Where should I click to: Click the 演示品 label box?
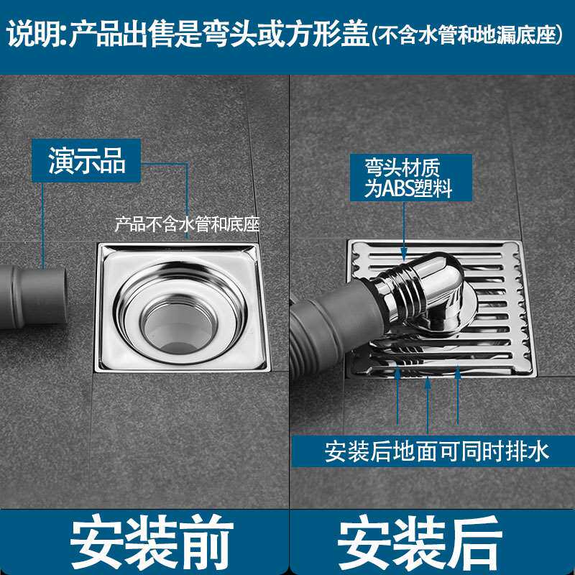point(86,160)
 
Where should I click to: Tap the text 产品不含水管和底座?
point(187,224)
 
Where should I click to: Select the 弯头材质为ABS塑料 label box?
point(410,178)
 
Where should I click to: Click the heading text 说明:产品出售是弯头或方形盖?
point(188,34)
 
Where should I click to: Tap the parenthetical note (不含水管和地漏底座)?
point(467,35)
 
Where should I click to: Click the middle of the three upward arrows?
point(428,404)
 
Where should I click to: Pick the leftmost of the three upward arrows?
point(398,395)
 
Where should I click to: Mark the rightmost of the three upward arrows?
point(457,395)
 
